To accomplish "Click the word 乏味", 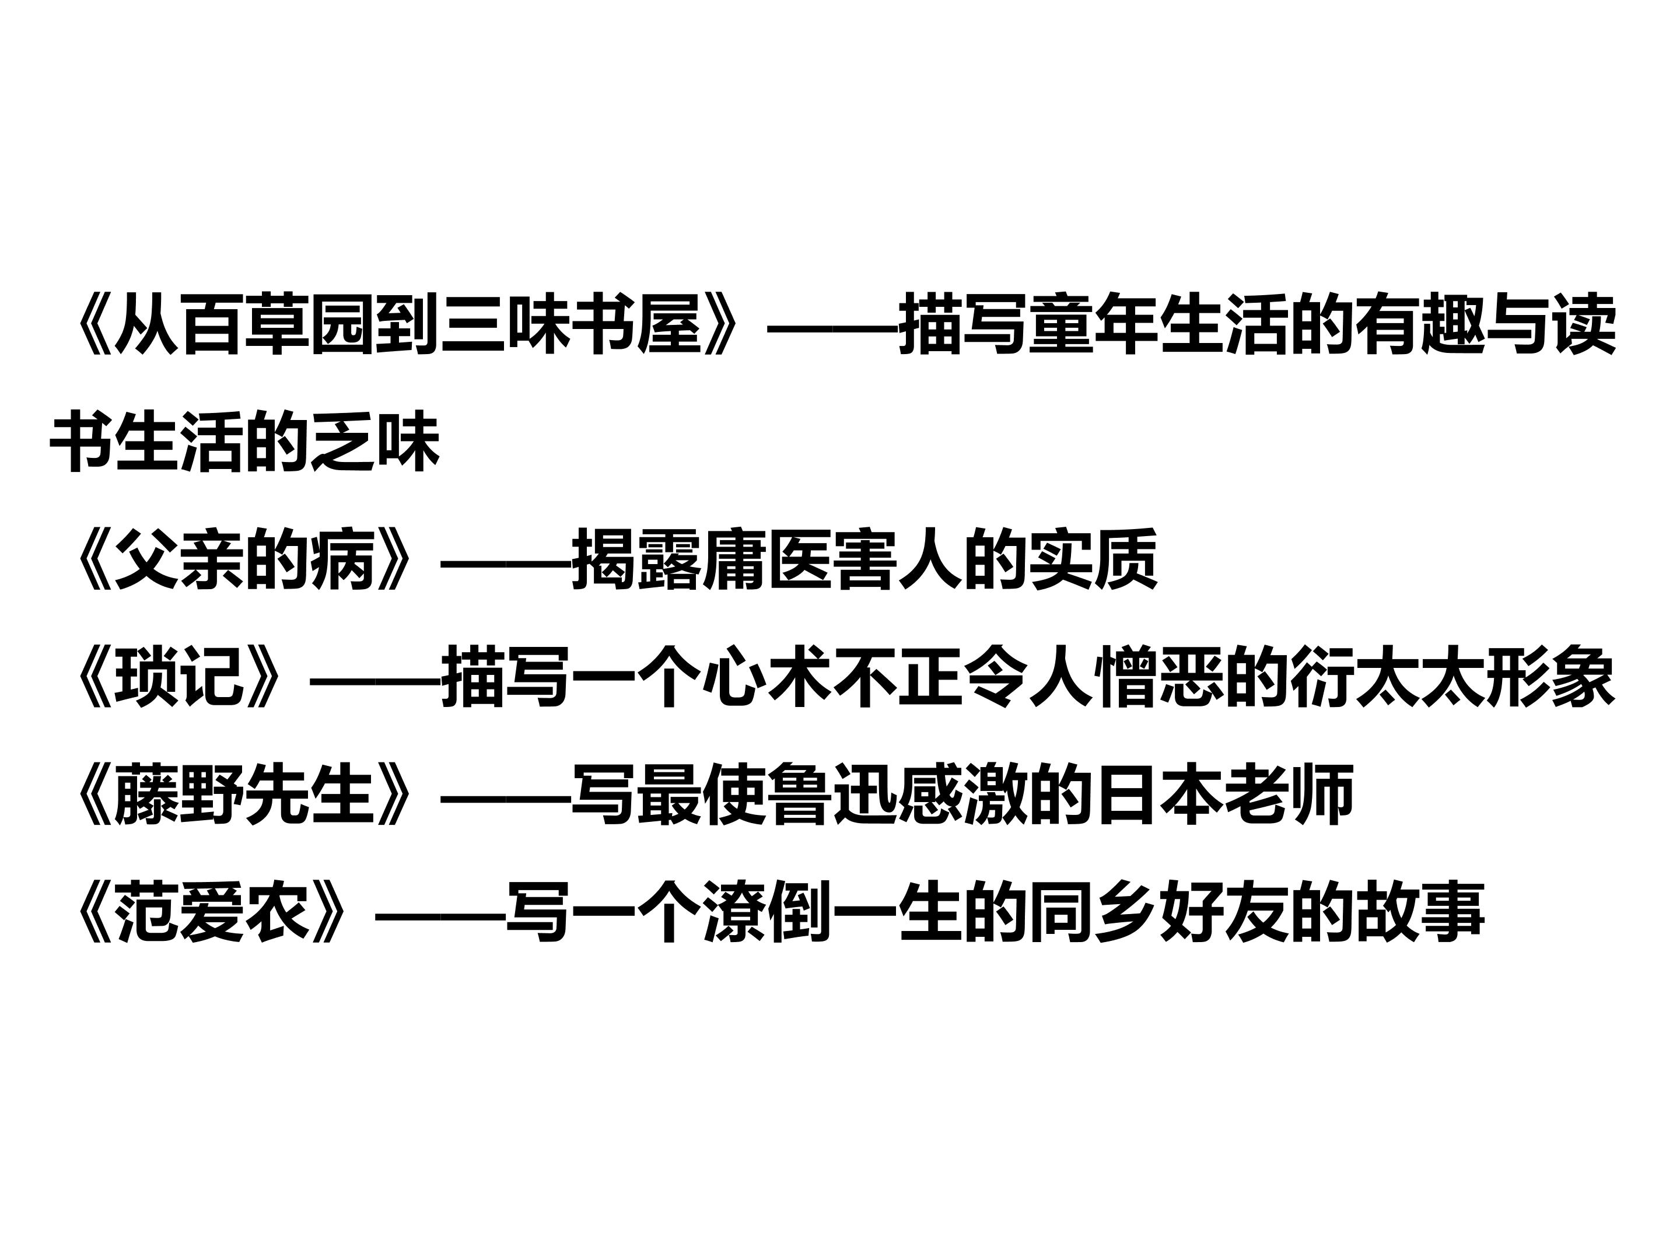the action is [375, 442].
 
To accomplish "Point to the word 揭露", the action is [636, 561].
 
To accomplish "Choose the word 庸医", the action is [766, 561].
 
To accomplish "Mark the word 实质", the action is [1093, 561].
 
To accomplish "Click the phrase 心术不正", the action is [832, 678].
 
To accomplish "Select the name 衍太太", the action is [1387, 678].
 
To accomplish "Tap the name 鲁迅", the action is [832, 795].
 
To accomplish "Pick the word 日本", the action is [1158, 795].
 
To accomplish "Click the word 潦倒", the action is [766, 912].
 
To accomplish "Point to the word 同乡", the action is [1093, 912].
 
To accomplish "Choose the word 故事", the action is [1419, 912].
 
